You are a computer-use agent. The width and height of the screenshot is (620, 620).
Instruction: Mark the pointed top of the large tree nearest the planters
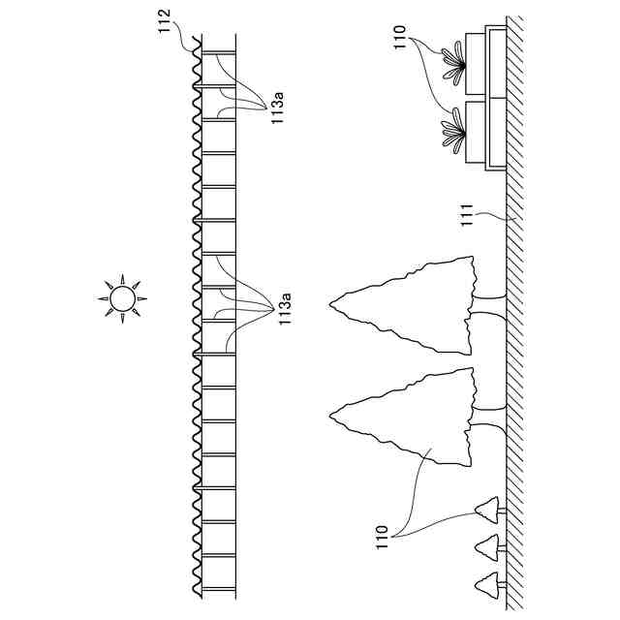coord(331,305)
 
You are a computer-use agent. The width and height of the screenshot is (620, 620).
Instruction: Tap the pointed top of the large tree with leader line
coord(331,415)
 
